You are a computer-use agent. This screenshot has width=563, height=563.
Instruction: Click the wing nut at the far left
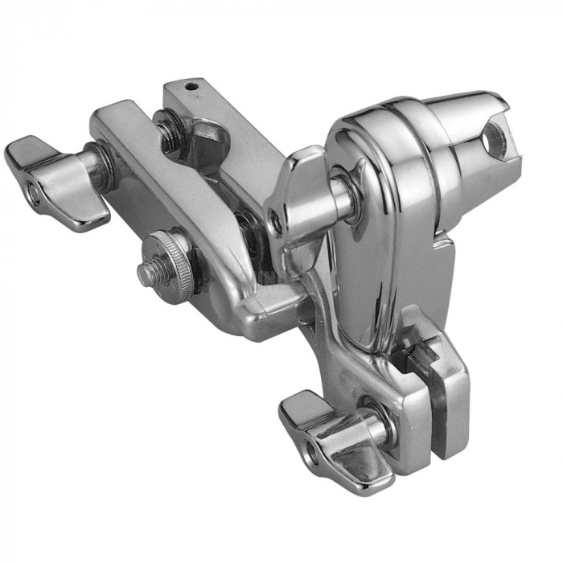point(56,181)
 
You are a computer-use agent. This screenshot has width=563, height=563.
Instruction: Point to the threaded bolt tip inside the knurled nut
point(150,274)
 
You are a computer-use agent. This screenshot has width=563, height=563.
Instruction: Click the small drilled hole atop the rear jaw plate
point(191,84)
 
